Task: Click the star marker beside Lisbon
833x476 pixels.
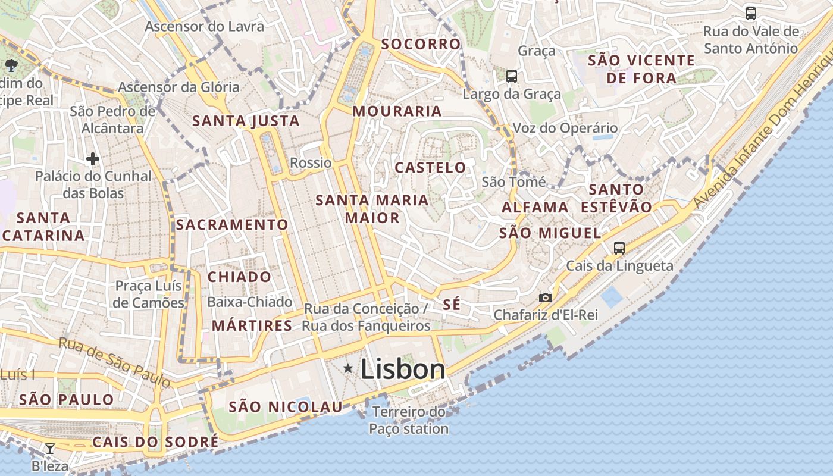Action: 348,369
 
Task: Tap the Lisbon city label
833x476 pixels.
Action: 403,369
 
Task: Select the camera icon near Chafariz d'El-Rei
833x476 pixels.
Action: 545,297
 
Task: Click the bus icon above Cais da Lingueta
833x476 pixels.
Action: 619,248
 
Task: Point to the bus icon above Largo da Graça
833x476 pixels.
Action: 511,76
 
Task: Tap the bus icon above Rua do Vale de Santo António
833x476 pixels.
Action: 751,13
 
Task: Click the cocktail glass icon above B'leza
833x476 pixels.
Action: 50,448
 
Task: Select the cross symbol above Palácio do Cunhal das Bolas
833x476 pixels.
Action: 93,159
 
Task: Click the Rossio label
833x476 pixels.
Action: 311,162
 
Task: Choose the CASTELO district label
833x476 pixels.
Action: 430,168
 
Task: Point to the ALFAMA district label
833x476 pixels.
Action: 535,207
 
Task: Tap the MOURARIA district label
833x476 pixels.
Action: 397,111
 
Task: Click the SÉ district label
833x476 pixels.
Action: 452,304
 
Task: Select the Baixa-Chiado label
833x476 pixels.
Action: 249,302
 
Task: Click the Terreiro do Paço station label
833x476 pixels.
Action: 409,420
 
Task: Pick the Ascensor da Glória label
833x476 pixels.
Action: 178,87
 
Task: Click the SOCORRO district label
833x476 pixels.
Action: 421,44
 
